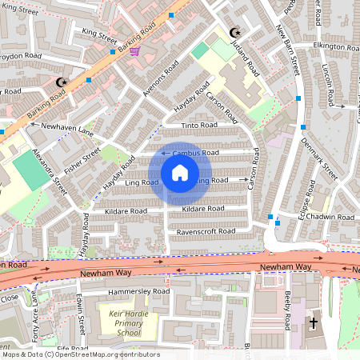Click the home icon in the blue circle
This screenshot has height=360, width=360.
(x=180, y=173)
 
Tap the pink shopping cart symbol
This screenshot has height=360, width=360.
(x=135, y=51)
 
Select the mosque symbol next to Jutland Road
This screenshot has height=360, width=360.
(x=234, y=33)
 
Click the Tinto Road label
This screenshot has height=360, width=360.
(x=198, y=126)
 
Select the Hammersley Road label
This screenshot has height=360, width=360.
(x=141, y=292)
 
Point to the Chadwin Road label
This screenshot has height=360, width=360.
(x=334, y=217)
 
